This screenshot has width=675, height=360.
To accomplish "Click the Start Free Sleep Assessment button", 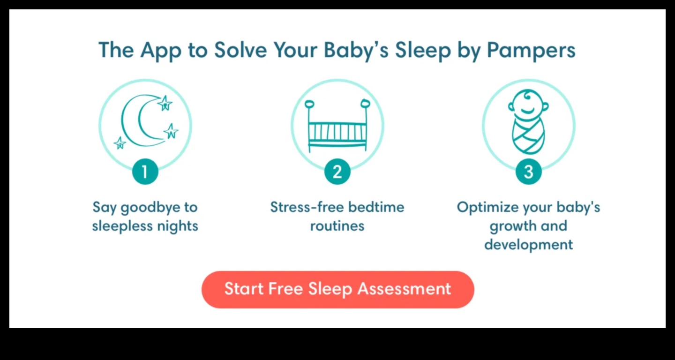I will point(337,289).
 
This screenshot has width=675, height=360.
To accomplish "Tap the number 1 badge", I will point(145,172).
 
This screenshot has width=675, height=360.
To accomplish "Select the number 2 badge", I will point(337,172).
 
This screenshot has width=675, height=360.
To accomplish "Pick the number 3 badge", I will point(529,172).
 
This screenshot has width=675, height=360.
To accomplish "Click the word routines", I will point(337,226).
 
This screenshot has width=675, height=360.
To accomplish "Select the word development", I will point(529,245).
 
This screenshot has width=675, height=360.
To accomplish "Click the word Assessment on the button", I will point(404,289).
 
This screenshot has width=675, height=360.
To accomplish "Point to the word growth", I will point(510,226).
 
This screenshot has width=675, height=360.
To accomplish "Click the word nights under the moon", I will point(177,226).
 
